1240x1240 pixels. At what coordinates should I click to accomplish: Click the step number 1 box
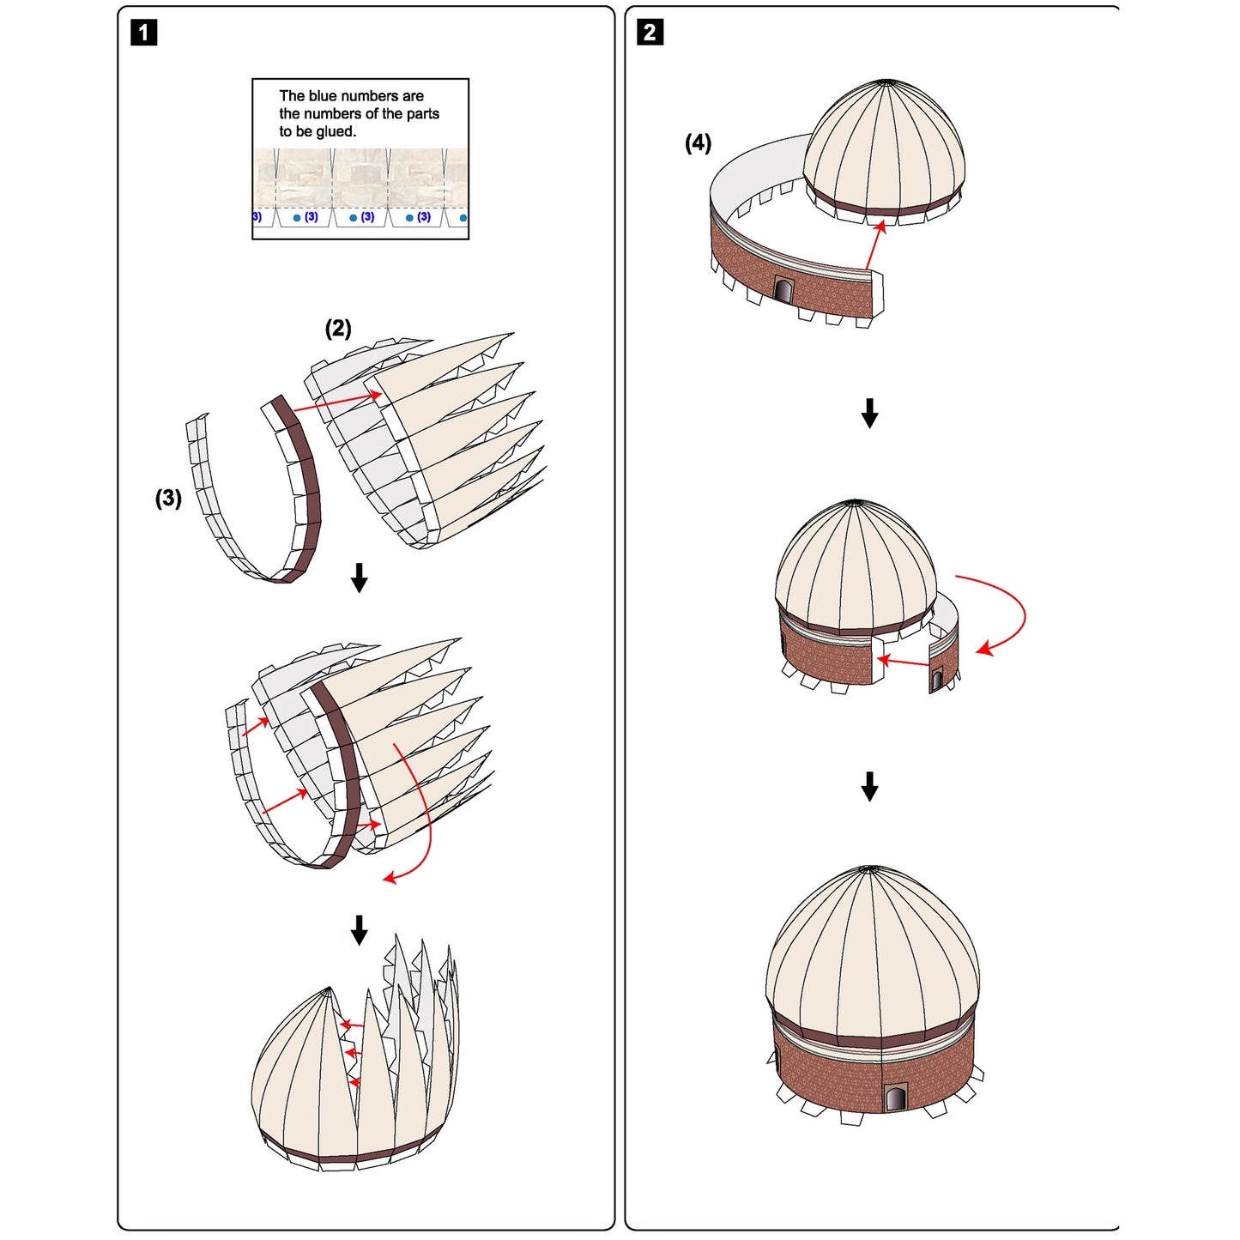(x=143, y=33)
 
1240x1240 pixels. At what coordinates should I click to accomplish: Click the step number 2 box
(x=650, y=33)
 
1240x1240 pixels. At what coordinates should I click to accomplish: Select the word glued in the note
(x=336, y=131)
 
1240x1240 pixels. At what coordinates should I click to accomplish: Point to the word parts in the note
(x=423, y=113)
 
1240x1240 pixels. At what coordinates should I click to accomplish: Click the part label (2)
(x=338, y=328)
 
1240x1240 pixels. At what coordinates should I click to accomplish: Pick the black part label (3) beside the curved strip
(x=168, y=498)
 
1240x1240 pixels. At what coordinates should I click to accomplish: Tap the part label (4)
(x=698, y=142)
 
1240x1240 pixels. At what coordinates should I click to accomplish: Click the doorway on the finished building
(x=895, y=1098)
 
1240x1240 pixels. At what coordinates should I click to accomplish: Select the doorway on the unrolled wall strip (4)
(x=783, y=290)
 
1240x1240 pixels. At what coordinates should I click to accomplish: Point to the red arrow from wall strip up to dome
(x=874, y=245)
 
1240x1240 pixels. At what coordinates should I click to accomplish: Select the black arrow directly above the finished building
(x=869, y=785)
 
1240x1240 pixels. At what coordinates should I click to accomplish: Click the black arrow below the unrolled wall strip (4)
(x=869, y=413)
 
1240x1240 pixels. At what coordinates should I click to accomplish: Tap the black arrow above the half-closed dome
(x=360, y=929)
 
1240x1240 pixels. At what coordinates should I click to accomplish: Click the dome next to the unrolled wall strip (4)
(x=884, y=150)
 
